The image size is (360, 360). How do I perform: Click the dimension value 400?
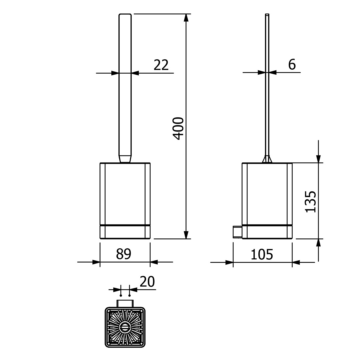(178, 129)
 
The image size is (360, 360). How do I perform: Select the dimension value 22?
(161, 65)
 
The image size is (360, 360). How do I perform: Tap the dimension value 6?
(292, 65)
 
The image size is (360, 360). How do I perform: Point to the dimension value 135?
(311, 202)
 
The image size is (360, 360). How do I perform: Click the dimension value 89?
(124, 254)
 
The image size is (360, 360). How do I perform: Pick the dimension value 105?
(262, 254)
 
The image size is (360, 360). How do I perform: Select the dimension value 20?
(147, 282)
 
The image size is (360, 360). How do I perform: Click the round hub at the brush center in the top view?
(125, 327)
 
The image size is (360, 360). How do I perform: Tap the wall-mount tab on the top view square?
(125, 304)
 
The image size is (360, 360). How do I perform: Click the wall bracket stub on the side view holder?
(238, 232)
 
